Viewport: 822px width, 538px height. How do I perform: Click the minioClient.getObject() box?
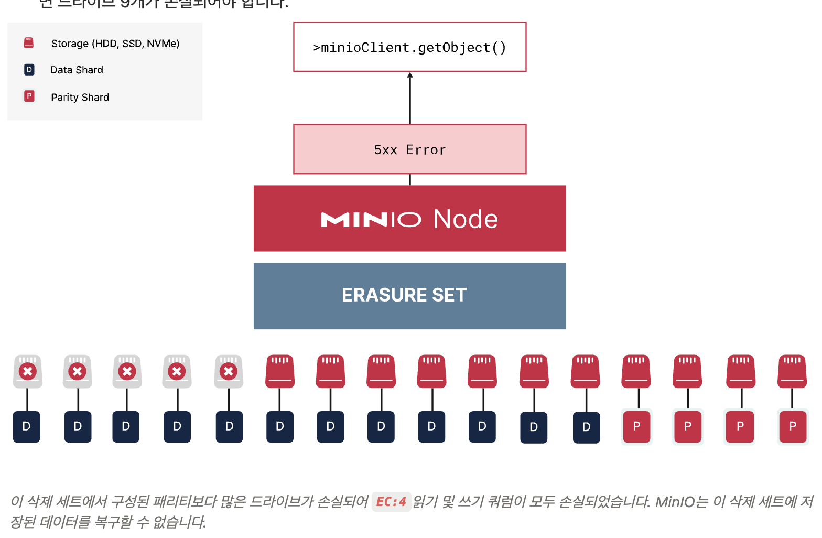click(x=409, y=47)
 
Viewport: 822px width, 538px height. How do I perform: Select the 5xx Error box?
click(x=409, y=149)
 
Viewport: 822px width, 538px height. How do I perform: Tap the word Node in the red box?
click(x=466, y=219)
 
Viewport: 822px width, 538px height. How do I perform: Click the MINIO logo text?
click(x=371, y=220)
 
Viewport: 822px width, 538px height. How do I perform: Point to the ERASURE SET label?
click(x=404, y=295)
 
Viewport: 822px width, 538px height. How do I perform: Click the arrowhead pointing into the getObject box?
click(x=410, y=76)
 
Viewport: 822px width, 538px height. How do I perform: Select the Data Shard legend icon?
click(x=29, y=70)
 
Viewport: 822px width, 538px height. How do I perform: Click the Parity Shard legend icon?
click(x=29, y=96)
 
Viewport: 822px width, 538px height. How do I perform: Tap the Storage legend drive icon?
click(x=29, y=43)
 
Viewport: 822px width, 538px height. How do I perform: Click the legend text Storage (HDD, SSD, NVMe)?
click(x=115, y=44)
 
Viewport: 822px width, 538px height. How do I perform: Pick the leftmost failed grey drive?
click(x=28, y=371)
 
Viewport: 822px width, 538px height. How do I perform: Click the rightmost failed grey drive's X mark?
click(x=229, y=372)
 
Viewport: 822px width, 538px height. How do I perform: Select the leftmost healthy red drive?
click(x=280, y=371)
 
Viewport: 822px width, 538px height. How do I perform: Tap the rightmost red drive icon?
click(x=792, y=371)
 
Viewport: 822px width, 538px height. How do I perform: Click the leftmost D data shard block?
click(x=27, y=427)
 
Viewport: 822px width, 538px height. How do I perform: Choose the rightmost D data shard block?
click(x=586, y=427)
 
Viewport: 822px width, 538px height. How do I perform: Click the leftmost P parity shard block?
click(x=636, y=427)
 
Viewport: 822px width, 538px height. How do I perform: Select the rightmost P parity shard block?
click(x=793, y=427)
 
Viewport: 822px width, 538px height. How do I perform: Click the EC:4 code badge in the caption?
click(x=391, y=502)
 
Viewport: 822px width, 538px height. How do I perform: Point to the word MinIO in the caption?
click(x=674, y=502)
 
